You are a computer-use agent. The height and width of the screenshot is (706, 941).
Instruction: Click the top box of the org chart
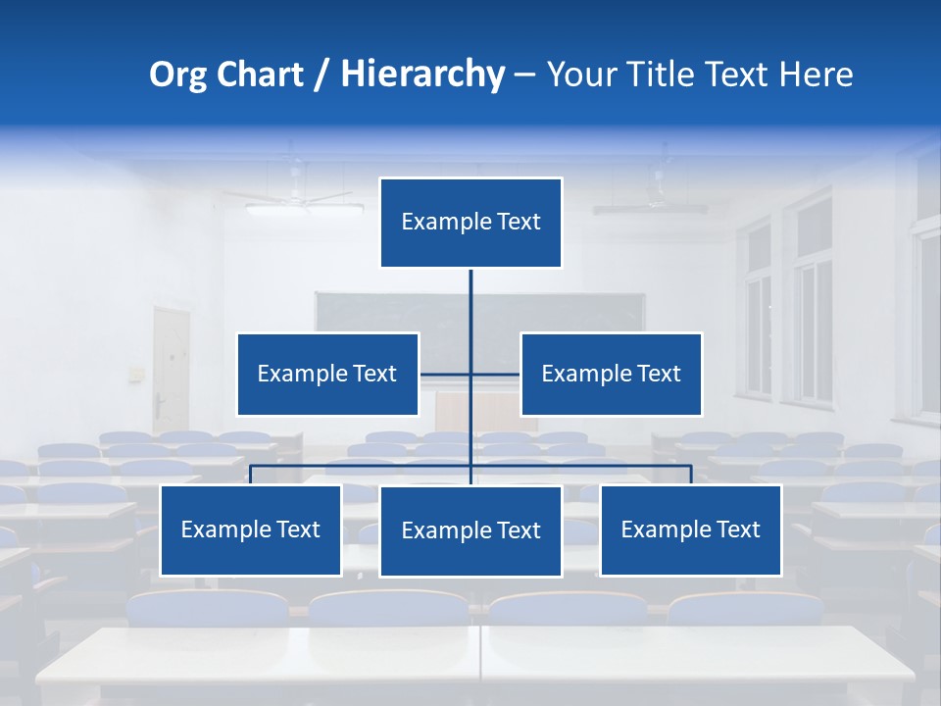pos(470,223)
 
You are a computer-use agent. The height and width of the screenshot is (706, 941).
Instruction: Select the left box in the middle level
pos(327,374)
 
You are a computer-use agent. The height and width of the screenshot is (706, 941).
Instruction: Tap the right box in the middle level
pos(611,374)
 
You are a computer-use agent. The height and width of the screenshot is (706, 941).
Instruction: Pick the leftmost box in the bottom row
pos(251,529)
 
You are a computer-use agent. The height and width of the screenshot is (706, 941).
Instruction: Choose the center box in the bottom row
pos(470,530)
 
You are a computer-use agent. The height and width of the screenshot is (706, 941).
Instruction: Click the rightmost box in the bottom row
pos(690,529)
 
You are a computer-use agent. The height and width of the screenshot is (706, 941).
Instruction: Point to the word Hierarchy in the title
pos(421,75)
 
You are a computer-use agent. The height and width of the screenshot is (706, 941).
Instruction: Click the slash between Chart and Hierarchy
pos(322,75)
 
